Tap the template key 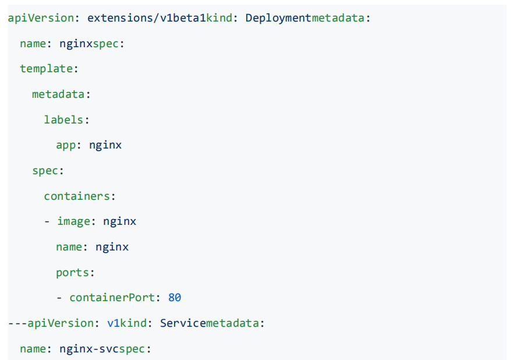(47, 69)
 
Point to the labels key (63, 119)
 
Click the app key (66, 146)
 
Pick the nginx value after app (105, 145)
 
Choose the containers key (77, 196)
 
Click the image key (74, 222)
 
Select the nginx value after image (120, 222)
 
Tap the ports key (72, 273)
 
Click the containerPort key (112, 298)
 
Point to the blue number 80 (175, 298)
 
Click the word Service (183, 323)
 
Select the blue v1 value (113, 323)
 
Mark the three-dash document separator (17, 323)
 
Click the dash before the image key (47, 222)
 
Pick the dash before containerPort (59, 298)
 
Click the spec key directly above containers (45, 171)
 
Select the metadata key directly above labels (58, 94)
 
